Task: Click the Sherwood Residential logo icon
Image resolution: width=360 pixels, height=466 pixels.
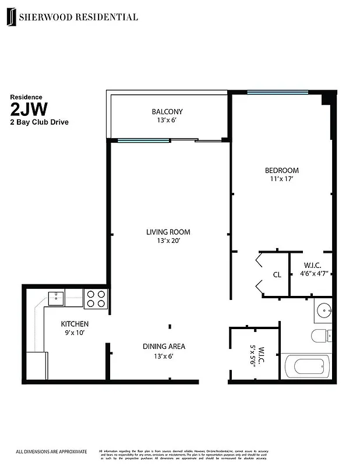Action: (x=11, y=17)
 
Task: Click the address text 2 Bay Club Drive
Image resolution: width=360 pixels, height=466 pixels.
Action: (x=39, y=122)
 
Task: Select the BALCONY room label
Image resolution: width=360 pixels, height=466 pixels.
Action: (x=167, y=112)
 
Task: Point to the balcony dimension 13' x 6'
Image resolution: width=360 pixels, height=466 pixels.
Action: (x=167, y=121)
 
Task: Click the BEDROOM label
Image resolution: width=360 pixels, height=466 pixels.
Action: (x=281, y=171)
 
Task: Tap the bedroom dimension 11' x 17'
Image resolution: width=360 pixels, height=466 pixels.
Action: (x=281, y=180)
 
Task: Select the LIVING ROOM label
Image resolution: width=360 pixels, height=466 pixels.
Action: (x=168, y=232)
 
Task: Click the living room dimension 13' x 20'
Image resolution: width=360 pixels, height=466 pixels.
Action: (x=168, y=241)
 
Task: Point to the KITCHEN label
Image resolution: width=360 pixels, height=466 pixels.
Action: (x=75, y=324)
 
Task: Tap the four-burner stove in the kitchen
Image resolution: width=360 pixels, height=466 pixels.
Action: (x=96, y=299)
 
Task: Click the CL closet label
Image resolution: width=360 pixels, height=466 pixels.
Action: (x=277, y=275)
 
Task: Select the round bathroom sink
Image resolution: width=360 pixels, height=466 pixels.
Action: (x=323, y=310)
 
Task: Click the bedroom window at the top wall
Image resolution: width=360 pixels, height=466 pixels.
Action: (x=277, y=92)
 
